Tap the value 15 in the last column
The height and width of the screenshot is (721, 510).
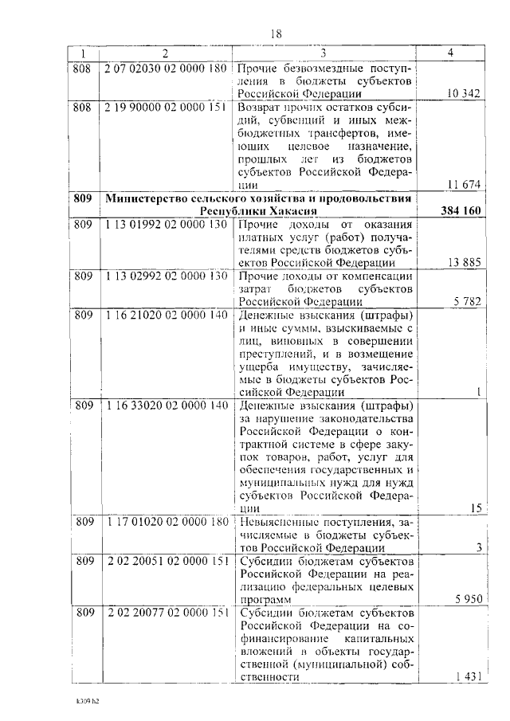[x=476, y=508]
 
